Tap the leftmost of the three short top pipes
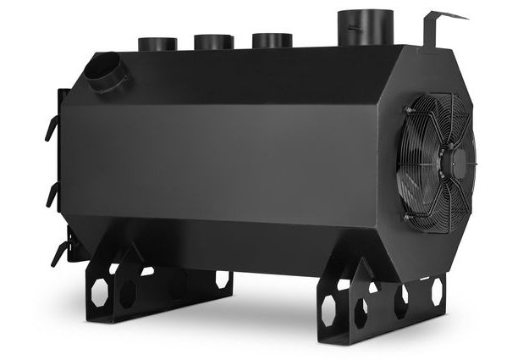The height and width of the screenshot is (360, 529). (157, 44)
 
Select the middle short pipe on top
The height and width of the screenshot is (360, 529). (213, 42)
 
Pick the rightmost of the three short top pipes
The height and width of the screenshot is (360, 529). (272, 40)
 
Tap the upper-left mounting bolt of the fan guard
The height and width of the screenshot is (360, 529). (409, 110)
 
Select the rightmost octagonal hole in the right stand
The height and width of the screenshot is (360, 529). (437, 291)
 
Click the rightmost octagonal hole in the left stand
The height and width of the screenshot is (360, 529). (223, 280)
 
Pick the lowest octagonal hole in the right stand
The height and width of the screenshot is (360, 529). (360, 313)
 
